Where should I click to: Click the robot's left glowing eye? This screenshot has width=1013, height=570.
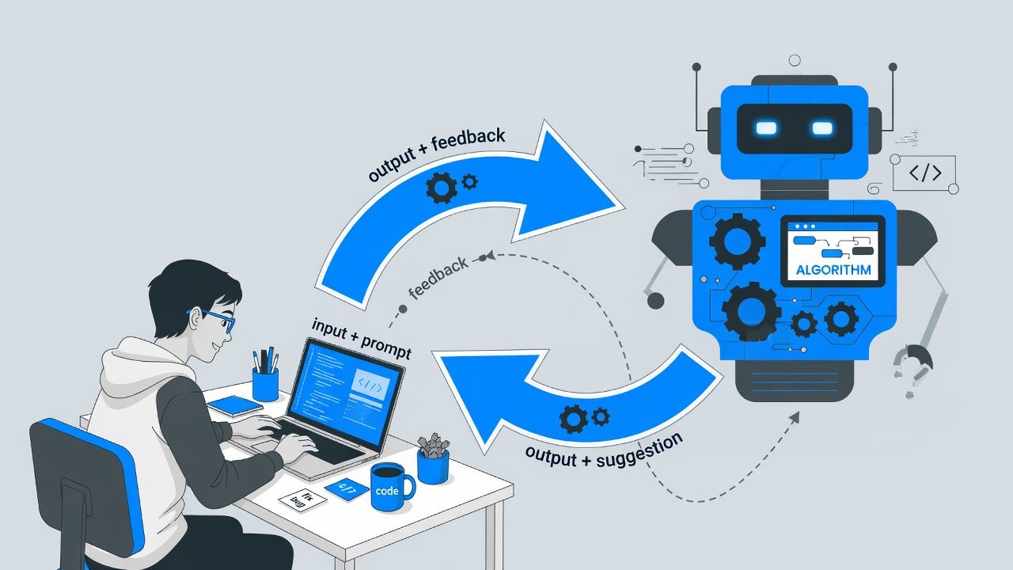click(767, 127)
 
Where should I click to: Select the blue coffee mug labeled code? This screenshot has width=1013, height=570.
click(390, 487)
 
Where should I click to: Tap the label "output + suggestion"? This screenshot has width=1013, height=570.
click(604, 449)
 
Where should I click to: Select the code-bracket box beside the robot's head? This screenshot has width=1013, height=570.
click(924, 173)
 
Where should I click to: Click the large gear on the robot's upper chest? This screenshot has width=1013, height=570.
click(737, 241)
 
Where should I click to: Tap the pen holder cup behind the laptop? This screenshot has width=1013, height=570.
click(265, 383)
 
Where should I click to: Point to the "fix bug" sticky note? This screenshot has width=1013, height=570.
click(303, 500)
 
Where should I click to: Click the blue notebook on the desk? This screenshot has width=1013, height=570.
click(234, 406)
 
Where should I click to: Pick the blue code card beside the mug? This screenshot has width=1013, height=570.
click(347, 488)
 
